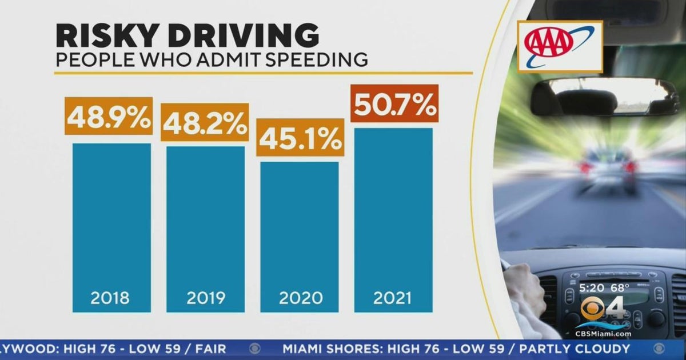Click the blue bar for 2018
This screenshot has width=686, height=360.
coord(111,229)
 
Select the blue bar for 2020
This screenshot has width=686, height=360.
coord(300,237)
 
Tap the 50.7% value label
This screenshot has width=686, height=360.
coord(394,103)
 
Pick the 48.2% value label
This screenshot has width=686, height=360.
coord(205,122)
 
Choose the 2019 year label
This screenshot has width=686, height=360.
coord(206,298)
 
